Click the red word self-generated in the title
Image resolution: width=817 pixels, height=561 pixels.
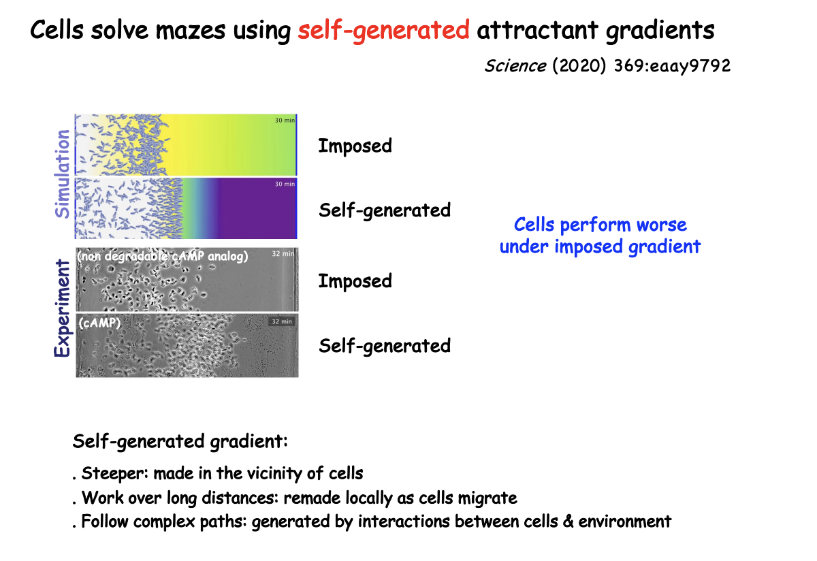pyautogui.click(x=383, y=31)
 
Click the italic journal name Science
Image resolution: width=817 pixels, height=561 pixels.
pyautogui.click(x=515, y=66)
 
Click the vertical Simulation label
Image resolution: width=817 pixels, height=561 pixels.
pyautogui.click(x=63, y=174)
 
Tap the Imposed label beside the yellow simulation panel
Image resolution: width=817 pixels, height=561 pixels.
pyautogui.click(x=355, y=146)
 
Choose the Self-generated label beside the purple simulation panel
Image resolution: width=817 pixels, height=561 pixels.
pyautogui.click(x=385, y=210)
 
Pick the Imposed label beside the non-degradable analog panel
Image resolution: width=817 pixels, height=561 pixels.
pyautogui.click(x=355, y=280)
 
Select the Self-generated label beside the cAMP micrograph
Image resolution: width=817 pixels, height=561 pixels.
pyautogui.click(x=385, y=345)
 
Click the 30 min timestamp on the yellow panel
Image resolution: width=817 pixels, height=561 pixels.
pyautogui.click(x=285, y=121)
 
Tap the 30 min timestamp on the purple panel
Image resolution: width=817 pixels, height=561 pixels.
pyautogui.click(x=285, y=185)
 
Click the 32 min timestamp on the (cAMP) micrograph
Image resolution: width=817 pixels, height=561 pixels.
pyautogui.click(x=281, y=321)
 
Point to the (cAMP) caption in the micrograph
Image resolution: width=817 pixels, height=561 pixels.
pyautogui.click(x=99, y=323)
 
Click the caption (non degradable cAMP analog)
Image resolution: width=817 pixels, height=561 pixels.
pyautogui.click(x=162, y=257)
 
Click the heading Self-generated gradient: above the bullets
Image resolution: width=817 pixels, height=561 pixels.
pyautogui.click(x=180, y=441)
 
